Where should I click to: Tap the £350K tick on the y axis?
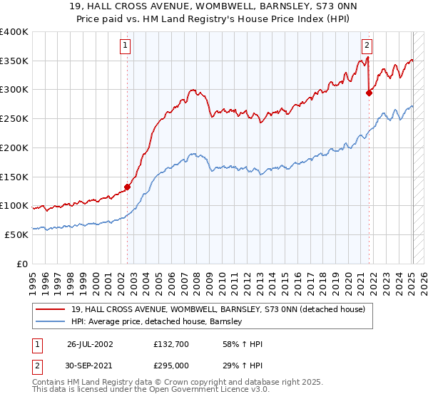point(14,61)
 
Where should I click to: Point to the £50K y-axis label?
point(16,234)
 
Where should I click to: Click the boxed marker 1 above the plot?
point(126,46)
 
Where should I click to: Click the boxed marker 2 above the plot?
point(367,46)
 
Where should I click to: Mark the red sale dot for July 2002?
point(128,187)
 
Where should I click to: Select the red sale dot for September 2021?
point(369,92)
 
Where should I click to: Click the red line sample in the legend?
point(51,309)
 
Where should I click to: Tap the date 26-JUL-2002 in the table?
point(91,343)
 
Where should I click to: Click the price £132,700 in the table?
point(169,343)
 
